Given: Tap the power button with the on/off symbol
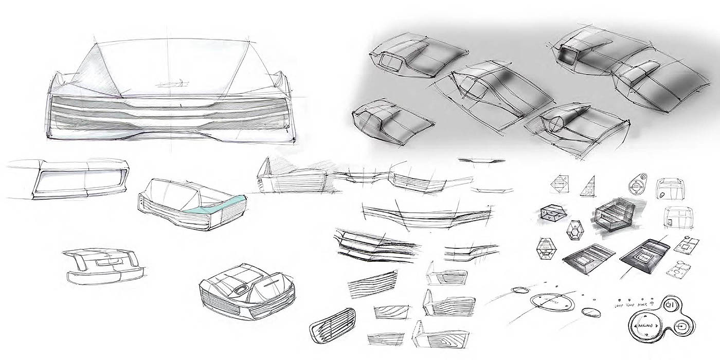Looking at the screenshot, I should click(x=669, y=304).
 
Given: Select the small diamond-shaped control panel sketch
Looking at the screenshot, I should click(x=560, y=185).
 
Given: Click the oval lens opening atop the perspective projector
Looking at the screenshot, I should click(x=240, y=290).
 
